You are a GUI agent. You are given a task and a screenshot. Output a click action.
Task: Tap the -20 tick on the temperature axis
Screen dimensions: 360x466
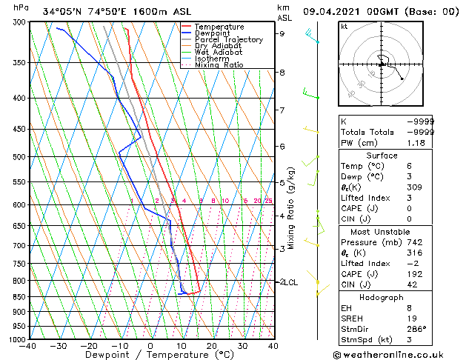click(89, 346)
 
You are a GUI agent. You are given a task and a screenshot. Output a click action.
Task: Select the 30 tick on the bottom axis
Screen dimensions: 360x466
click(242, 346)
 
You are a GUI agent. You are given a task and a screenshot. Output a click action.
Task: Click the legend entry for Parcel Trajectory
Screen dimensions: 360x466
click(228, 39)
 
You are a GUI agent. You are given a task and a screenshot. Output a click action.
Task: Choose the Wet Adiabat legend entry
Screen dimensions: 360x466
click(218, 53)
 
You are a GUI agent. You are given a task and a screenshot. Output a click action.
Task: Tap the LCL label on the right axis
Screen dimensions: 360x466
click(292, 282)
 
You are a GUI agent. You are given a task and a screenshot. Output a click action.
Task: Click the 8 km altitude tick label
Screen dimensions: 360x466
click(282, 73)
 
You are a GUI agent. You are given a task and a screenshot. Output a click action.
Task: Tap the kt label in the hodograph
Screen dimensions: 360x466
click(344, 26)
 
